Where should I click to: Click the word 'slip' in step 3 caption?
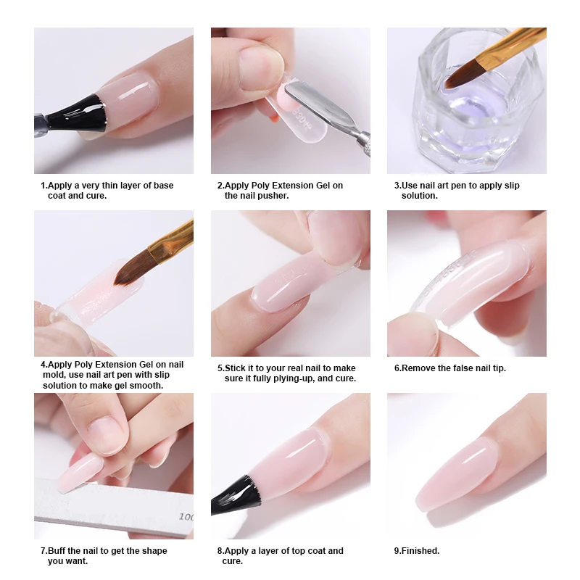pyautogui.click(x=512, y=186)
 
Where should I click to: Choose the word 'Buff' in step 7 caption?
pyautogui.click(x=57, y=551)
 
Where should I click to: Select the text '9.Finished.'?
pyautogui.click(x=416, y=551)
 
